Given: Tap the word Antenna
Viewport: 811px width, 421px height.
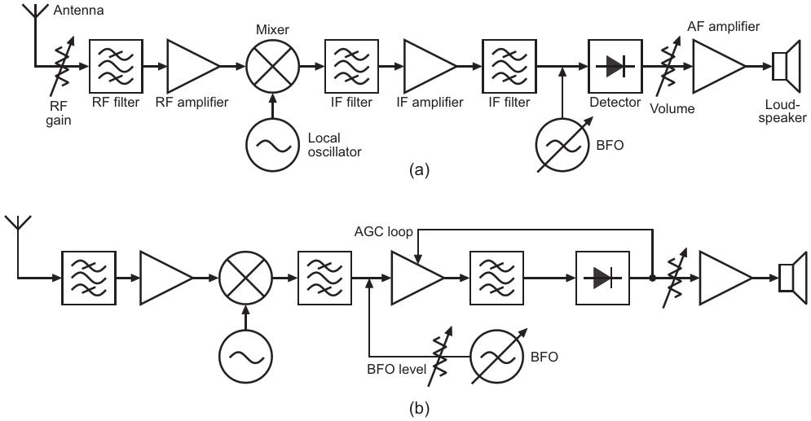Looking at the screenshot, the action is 78,11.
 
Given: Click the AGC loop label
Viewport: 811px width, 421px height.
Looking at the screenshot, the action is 383,232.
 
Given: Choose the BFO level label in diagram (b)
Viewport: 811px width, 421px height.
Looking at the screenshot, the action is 396,369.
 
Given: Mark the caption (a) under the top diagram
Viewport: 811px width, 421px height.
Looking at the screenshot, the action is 419,170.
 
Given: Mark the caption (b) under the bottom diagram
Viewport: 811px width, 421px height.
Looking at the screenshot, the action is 419,409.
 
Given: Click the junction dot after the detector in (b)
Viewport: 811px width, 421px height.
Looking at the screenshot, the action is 652,278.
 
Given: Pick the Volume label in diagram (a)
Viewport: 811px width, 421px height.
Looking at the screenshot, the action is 672,108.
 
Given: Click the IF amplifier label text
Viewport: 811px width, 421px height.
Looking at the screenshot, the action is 430,103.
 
